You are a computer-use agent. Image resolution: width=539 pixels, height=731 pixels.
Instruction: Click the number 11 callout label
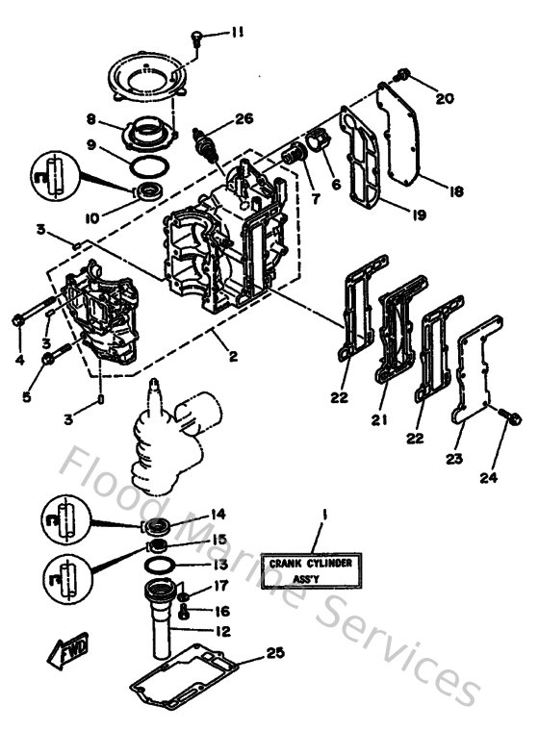pos(237,33)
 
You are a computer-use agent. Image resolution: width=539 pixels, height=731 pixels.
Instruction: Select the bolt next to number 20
pos(404,75)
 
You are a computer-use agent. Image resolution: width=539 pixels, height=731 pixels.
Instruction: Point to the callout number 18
pos(456,191)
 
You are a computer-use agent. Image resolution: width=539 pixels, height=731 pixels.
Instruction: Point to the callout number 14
pos(219,514)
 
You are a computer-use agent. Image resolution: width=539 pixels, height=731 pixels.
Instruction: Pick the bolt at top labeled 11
pos(197,37)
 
